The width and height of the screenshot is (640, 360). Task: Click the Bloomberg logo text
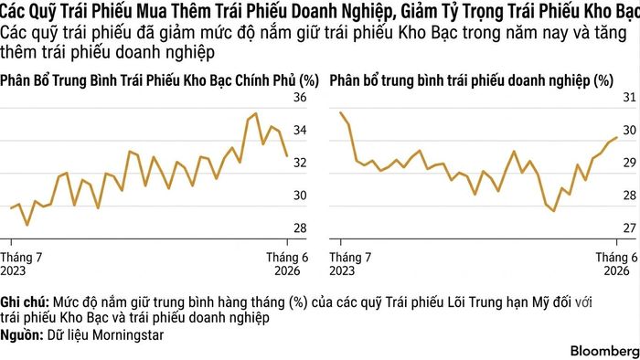(604, 351)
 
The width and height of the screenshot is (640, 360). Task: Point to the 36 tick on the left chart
(300, 97)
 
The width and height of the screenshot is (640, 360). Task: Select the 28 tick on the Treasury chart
(300, 228)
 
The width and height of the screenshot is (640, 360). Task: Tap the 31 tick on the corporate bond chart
(629, 97)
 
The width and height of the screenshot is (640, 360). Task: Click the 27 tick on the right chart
(629, 228)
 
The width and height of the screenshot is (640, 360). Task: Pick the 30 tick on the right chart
(629, 130)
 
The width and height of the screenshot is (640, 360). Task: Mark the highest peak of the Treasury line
(255, 113)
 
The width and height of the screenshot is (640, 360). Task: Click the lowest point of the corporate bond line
(553, 211)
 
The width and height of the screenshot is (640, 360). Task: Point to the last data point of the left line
(287, 155)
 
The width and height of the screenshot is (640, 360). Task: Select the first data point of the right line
(341, 112)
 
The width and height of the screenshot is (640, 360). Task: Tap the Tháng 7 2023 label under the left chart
(21, 264)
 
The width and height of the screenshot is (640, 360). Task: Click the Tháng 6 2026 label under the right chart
(616, 264)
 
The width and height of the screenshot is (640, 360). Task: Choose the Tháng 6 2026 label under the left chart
(287, 264)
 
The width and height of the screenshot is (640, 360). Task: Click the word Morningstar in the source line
(128, 335)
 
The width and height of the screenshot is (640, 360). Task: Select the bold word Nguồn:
(22, 335)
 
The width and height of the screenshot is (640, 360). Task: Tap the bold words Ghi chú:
(25, 303)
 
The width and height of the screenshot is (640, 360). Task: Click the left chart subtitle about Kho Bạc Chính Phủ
(159, 80)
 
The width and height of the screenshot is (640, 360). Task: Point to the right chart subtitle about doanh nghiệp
(472, 80)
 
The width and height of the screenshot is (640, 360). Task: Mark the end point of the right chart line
(616, 138)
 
